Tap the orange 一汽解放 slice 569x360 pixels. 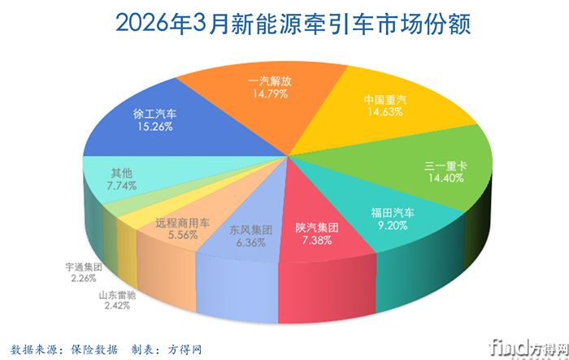pyautogui.click(x=268, y=98)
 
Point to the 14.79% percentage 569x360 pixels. pyautogui.click(x=270, y=94)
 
